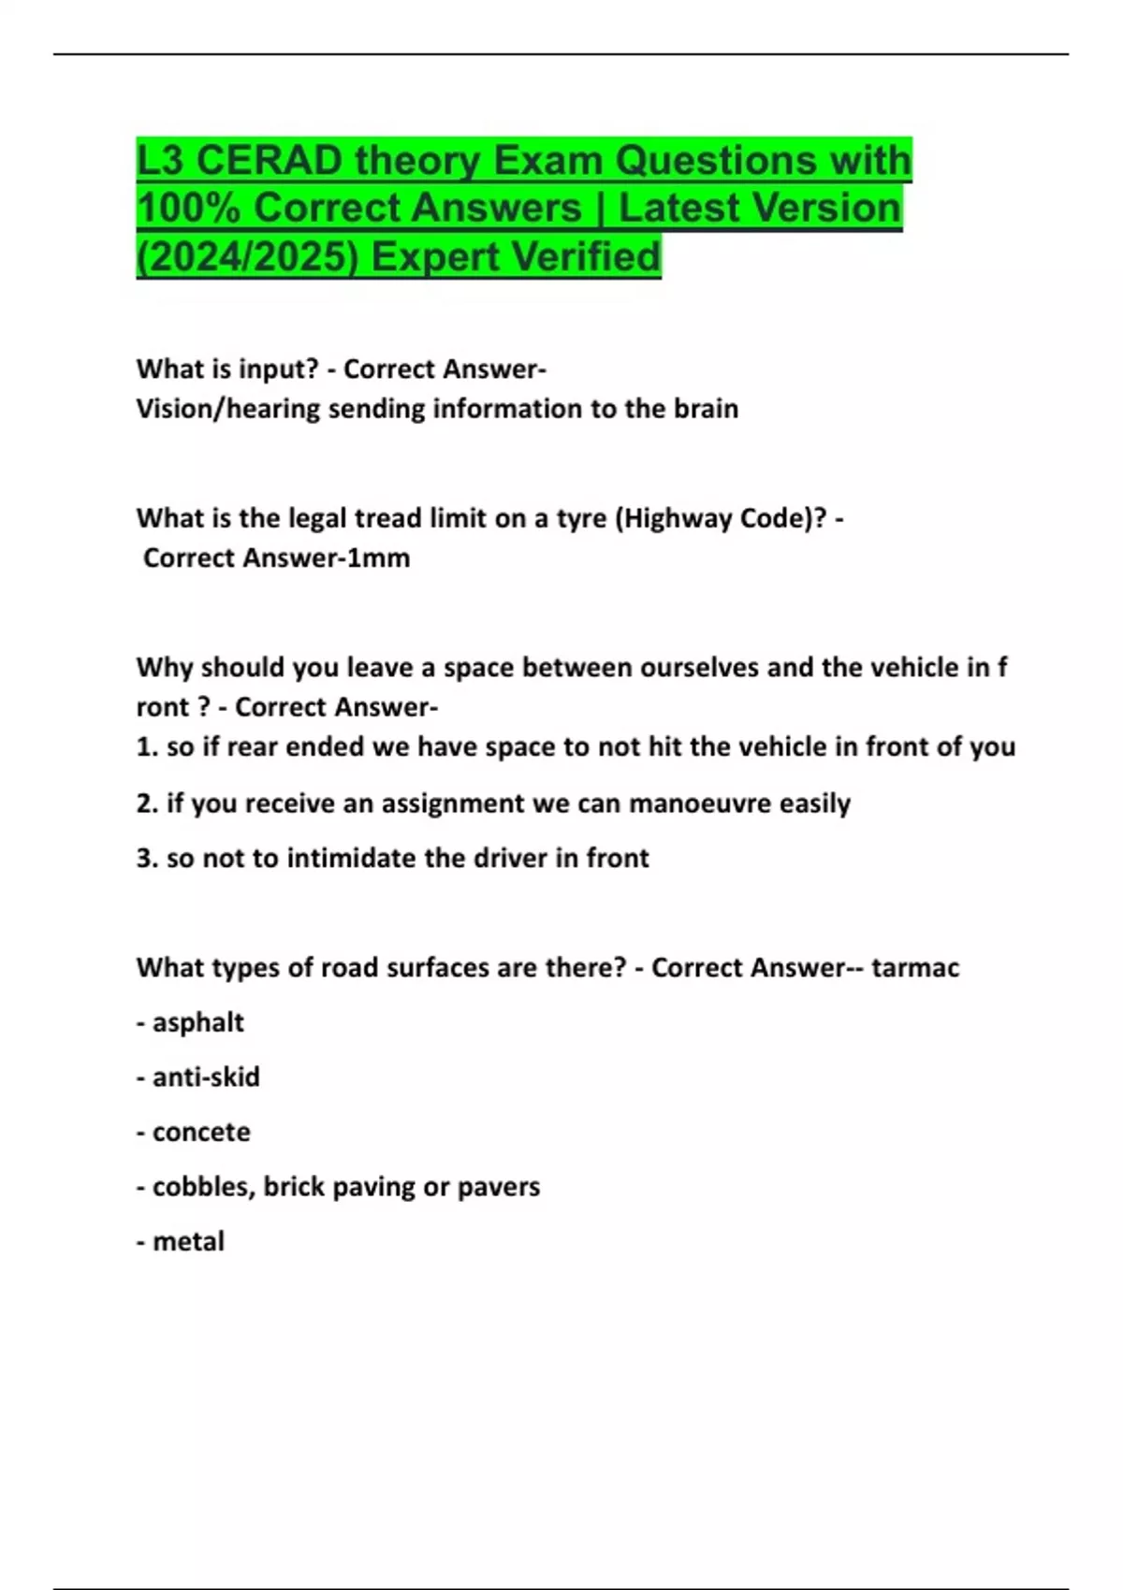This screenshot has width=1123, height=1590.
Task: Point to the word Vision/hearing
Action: [x=228, y=409]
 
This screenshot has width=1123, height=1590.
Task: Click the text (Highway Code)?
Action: [x=721, y=518]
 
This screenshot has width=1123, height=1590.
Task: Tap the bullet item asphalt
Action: [x=197, y=1022]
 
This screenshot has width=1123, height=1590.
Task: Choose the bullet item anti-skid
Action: [x=206, y=1077]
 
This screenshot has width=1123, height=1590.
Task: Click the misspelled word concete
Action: [x=201, y=1132]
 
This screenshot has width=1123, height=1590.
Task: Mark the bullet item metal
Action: [x=188, y=1242]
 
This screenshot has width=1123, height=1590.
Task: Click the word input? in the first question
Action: [x=279, y=369]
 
